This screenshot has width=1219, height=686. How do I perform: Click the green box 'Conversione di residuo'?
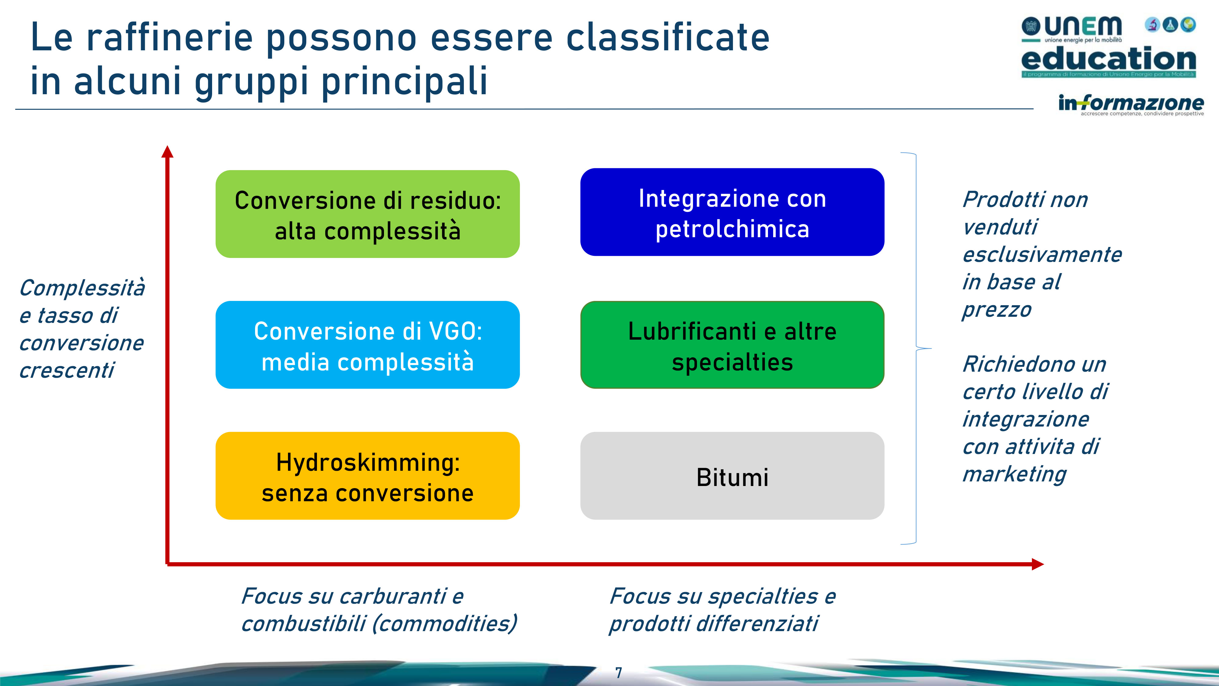pos(368,214)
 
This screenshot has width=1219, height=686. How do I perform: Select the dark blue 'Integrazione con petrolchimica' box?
pos(732,212)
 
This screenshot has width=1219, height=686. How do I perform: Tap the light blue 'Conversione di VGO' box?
pos(368,345)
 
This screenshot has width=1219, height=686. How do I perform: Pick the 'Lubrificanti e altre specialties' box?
pos(732,345)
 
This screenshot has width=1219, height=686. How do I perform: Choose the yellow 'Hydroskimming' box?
pos(368,476)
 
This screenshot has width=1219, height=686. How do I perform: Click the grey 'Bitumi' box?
pos(732,476)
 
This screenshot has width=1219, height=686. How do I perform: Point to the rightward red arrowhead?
pos(1038,564)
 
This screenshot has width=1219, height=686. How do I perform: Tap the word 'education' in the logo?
pos(1108,59)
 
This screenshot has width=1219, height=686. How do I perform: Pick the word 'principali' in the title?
pos(405,81)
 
